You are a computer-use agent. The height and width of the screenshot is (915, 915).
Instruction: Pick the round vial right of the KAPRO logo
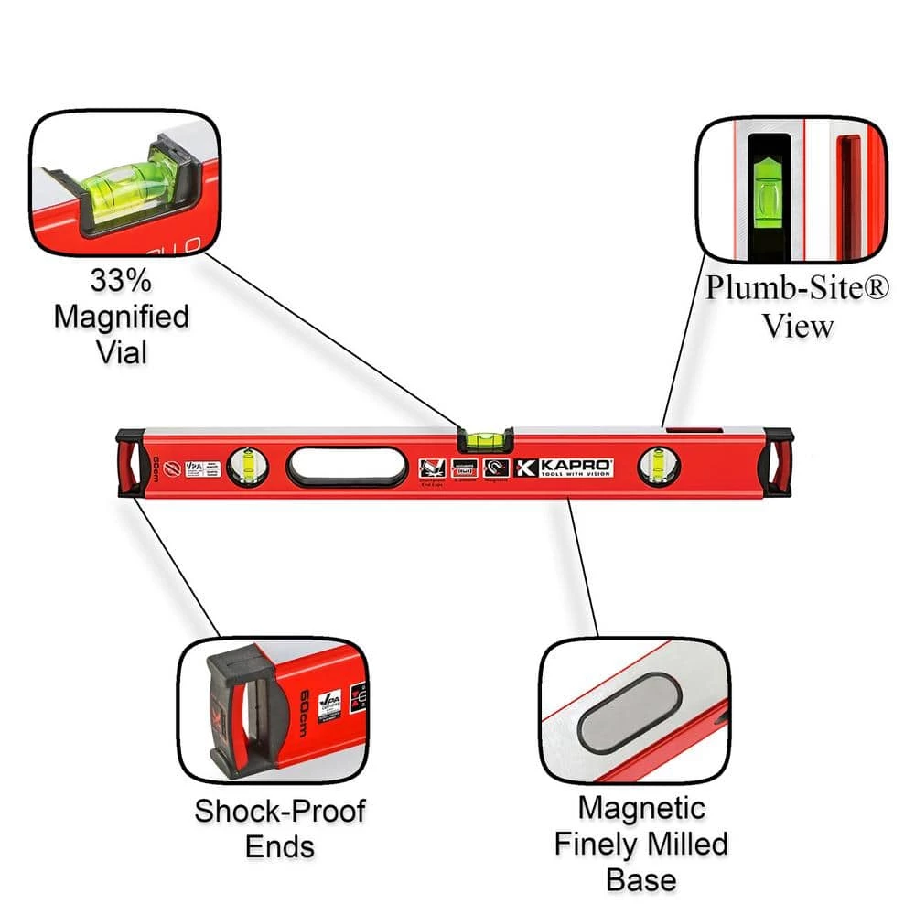658,465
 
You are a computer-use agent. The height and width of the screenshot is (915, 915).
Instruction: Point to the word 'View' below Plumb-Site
798,326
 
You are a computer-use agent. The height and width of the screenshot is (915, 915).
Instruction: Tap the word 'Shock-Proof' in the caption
280,810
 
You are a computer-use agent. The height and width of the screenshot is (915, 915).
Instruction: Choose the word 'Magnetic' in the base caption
641,807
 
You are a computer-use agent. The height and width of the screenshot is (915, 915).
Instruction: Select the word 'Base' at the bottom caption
640,879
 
